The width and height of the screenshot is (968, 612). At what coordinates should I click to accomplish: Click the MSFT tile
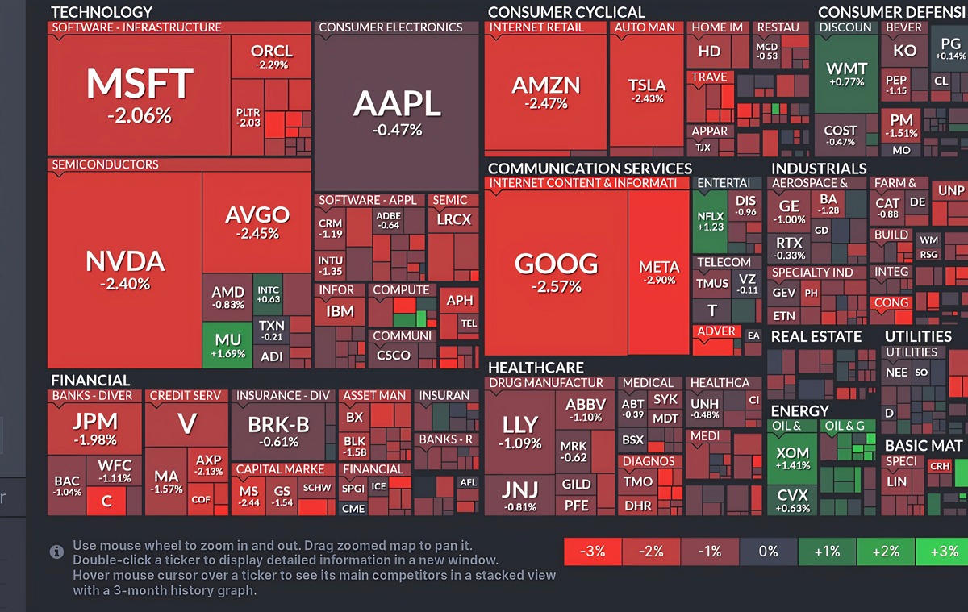[139, 94]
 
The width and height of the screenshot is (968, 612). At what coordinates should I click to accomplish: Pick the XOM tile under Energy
[791, 459]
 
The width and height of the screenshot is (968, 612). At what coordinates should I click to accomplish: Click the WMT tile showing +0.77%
[845, 74]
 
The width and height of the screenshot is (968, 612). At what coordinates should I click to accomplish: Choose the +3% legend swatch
[941, 552]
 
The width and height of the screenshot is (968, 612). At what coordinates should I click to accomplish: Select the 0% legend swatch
[768, 552]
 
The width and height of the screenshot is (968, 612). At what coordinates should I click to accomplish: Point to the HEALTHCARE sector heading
[536, 368]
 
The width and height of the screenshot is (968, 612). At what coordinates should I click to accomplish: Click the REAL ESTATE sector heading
[816, 337]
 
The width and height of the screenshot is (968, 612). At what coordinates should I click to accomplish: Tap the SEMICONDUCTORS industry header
[105, 164]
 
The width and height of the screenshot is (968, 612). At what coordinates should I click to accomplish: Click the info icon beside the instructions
[56, 552]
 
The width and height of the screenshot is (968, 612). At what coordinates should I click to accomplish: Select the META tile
[658, 273]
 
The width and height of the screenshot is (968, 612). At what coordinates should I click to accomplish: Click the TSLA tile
[647, 90]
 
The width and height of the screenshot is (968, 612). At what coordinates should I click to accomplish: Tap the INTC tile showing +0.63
[268, 294]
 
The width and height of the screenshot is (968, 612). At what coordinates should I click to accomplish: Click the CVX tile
[791, 501]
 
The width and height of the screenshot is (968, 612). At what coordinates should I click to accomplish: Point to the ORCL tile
[270, 56]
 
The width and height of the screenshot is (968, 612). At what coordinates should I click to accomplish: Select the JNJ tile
[519, 494]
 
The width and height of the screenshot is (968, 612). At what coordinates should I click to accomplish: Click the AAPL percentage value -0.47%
[397, 129]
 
